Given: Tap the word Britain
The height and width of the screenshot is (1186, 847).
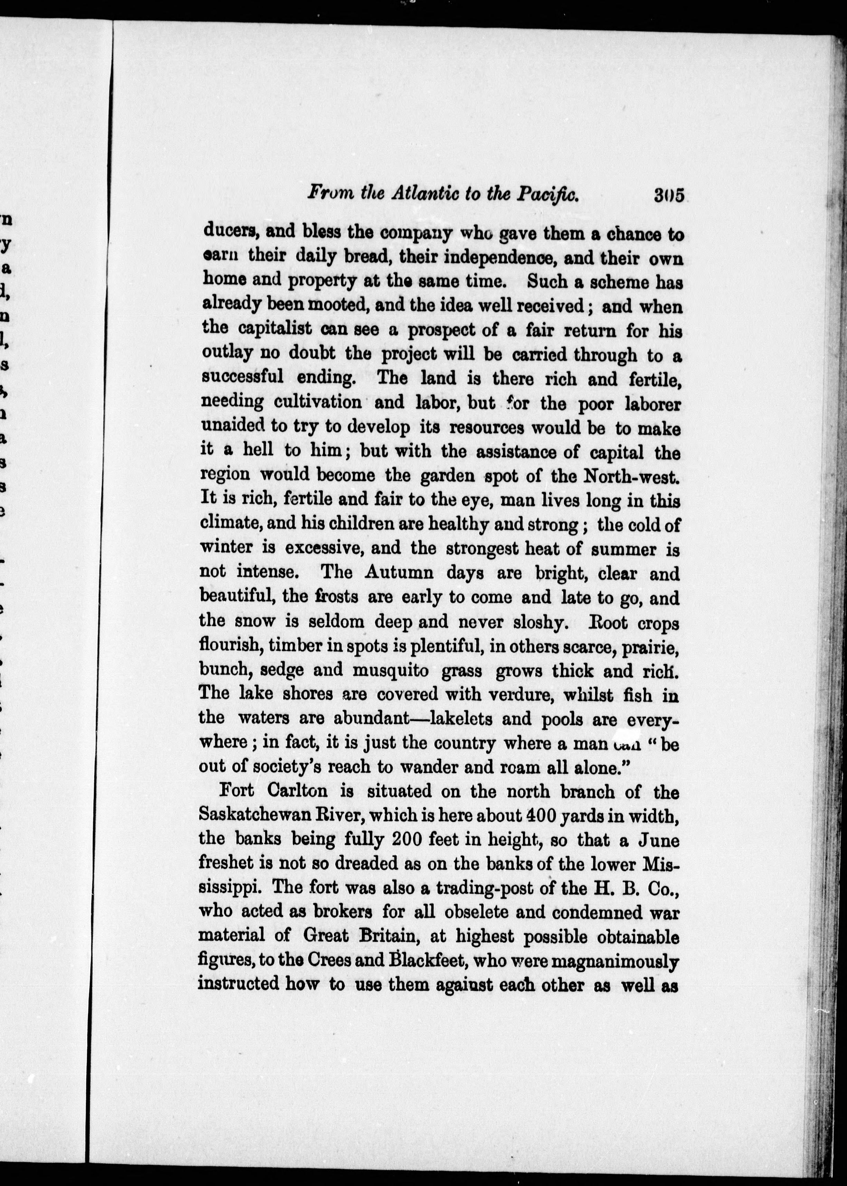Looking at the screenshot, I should click(x=391, y=936).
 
